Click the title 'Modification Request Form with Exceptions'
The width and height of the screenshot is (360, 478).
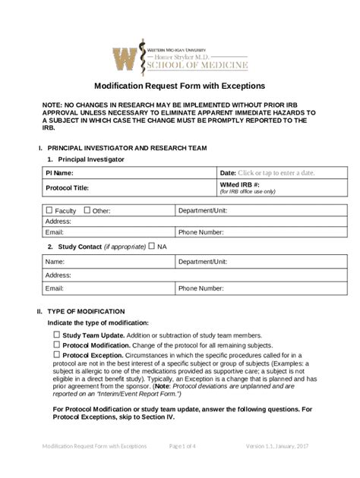coord(179,86)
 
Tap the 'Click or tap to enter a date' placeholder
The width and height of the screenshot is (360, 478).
coord(276,173)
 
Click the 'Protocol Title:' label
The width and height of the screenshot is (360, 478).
coord(68,187)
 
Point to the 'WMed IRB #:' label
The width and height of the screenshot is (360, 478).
coord(240,184)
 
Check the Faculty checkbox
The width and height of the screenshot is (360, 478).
coord(50,210)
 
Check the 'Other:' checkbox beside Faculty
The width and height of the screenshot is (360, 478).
coord(87,210)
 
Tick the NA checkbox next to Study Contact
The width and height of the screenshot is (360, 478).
coord(152,246)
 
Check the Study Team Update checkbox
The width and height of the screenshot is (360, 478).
coord(56,335)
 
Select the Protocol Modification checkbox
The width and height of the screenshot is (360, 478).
coord(56,344)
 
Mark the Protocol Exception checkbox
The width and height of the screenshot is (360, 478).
coord(56,354)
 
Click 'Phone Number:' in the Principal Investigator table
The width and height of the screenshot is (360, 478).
coord(201,232)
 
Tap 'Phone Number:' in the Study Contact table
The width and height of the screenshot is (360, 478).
coord(201,288)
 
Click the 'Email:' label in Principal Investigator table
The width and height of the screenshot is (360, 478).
coord(55,232)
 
